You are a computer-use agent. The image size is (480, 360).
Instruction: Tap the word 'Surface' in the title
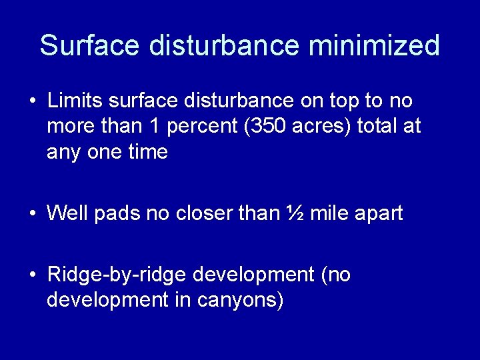pos(90,46)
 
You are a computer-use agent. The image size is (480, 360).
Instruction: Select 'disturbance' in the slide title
pos(223,46)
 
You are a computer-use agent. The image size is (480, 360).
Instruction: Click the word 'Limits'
pos(75,101)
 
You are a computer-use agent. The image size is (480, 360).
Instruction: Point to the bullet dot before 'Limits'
pos(32,101)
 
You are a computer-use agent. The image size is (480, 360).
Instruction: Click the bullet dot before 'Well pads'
pos(32,214)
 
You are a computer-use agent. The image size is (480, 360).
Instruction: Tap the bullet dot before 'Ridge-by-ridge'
pos(32,275)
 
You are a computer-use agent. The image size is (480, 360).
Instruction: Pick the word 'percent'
pos(203,127)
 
